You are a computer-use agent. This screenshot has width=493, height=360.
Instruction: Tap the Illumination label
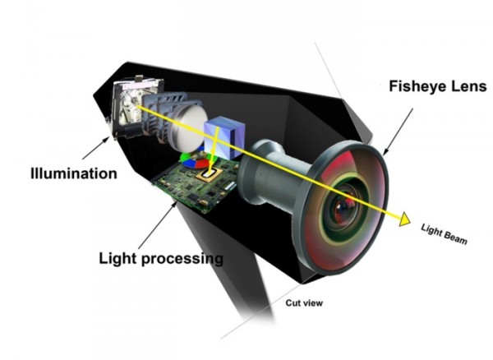73,173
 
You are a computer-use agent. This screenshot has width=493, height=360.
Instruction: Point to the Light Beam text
443,234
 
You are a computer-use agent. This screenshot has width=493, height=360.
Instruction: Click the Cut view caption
304,303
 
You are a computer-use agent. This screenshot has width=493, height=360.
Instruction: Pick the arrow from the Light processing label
156,227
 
